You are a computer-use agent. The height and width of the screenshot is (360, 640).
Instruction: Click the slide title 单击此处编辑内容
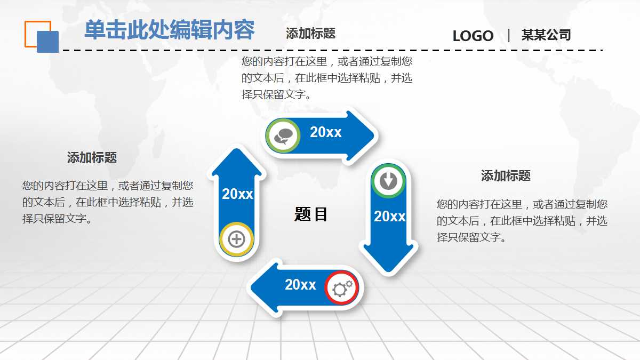tap(169, 30)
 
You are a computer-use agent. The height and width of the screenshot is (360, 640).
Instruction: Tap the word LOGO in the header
tap(473, 36)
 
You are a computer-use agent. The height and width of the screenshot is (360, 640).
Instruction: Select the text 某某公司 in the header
tap(546, 35)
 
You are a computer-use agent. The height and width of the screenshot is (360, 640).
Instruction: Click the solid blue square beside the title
tap(47, 42)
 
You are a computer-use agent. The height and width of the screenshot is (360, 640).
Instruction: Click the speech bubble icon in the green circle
tap(283, 136)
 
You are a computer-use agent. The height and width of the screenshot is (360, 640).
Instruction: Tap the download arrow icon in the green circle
tap(388, 180)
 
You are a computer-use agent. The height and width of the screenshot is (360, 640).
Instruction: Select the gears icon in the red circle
tap(342, 288)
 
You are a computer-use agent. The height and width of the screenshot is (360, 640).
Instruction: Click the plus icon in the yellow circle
tap(236, 239)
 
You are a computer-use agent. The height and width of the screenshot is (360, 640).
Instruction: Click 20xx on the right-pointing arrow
tap(326, 132)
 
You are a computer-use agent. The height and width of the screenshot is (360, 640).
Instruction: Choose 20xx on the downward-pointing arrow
tap(390, 217)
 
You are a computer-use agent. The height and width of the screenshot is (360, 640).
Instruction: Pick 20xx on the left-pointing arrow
tap(300, 285)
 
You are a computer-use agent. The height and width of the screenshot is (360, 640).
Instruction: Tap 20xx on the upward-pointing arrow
tap(237, 194)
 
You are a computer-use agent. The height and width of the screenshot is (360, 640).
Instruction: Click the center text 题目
tap(311, 214)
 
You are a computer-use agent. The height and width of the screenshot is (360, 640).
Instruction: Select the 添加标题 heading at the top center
tap(310, 34)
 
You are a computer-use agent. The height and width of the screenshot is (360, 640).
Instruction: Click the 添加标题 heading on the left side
tap(92, 158)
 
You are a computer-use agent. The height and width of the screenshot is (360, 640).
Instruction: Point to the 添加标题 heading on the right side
tap(506, 176)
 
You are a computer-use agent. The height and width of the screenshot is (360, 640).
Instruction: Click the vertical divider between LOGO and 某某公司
tap(509, 36)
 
